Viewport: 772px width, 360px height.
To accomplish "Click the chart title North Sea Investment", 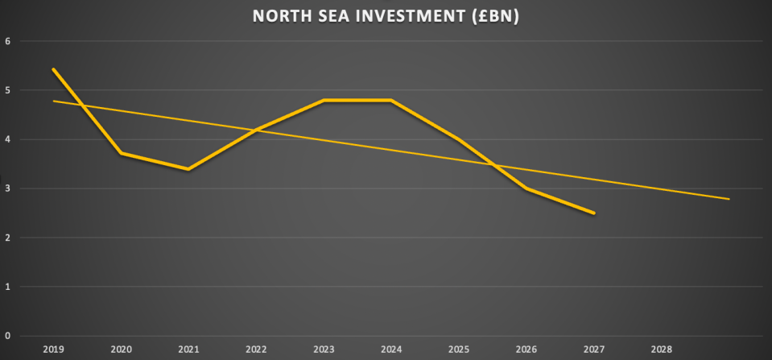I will point(386,16).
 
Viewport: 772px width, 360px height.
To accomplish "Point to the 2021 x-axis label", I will point(188,350).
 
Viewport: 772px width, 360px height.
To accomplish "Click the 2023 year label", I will point(323,350).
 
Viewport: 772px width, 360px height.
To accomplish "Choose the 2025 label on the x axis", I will point(458,350).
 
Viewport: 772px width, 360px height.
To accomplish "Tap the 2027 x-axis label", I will point(593,350).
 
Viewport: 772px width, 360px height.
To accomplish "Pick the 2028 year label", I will point(661,350).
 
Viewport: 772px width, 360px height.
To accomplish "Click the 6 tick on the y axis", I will point(7,41).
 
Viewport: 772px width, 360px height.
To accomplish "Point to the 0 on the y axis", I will point(7,336).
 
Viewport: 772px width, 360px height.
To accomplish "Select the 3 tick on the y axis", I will point(7,188).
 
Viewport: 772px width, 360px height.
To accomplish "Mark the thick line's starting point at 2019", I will point(53,69).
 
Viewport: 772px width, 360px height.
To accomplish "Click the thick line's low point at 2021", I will point(188,169).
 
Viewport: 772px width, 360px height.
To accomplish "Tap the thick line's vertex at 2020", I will point(120,153).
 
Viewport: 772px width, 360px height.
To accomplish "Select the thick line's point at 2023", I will point(323,100).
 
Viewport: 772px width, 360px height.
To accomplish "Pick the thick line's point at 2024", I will point(390,100).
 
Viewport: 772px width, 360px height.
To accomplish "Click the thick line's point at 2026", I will point(526,188).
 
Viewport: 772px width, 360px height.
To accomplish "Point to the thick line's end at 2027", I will point(593,213).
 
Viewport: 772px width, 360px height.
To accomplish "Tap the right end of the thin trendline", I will point(729,199).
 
